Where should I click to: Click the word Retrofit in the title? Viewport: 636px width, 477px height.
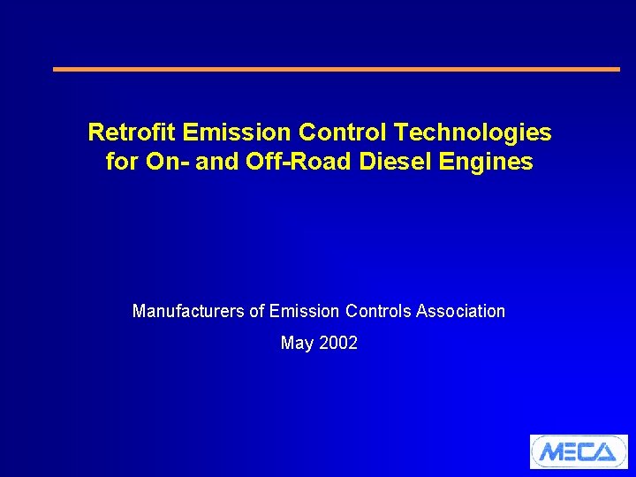point(132,133)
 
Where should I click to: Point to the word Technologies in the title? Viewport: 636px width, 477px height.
point(473,133)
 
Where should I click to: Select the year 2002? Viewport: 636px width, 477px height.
point(338,343)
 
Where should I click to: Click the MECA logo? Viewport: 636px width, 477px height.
point(579,451)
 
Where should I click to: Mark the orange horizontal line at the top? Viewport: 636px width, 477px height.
point(337,69)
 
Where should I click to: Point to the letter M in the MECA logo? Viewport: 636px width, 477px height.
point(551,452)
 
